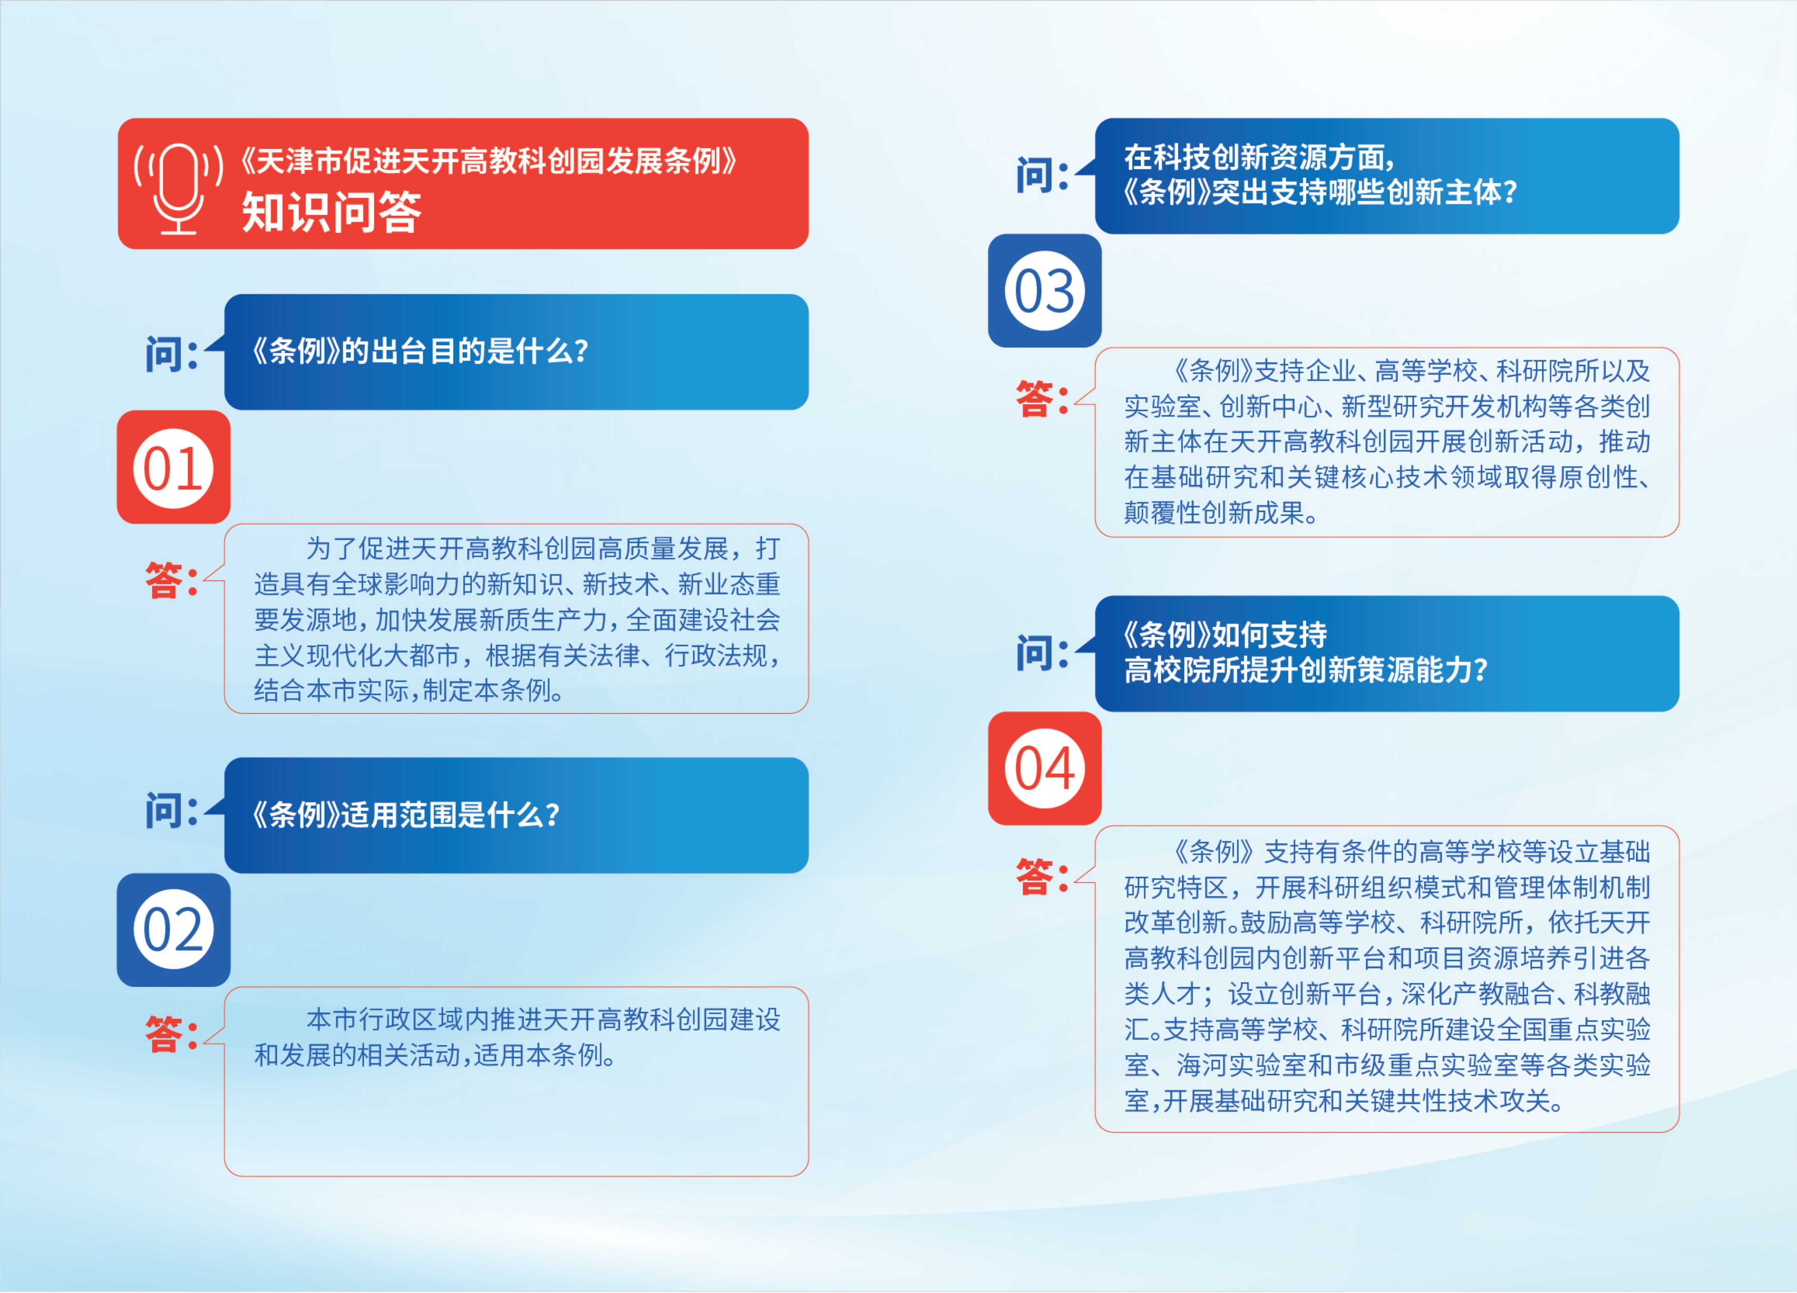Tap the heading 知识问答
point(331,212)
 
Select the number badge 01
point(173,468)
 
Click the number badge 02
point(173,930)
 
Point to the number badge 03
point(1044,291)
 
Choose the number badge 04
point(1044,769)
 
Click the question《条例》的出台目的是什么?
point(420,351)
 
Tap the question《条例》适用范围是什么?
point(406,815)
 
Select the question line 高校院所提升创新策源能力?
point(1306,670)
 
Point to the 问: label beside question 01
point(171,354)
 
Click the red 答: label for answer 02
point(171,1034)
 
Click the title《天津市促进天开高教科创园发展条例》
point(489,161)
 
